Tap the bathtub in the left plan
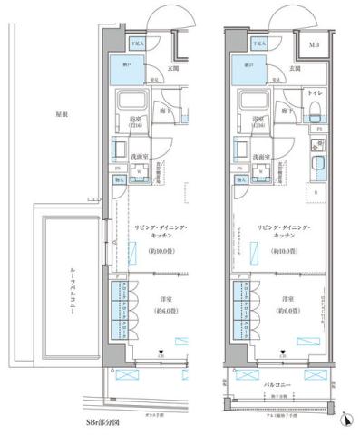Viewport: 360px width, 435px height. tap(136, 101)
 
